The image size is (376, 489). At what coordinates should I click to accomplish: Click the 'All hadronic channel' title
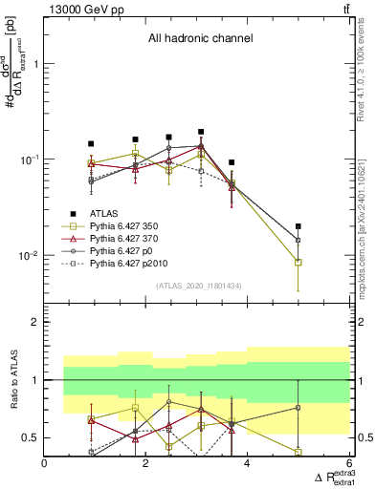tap(199, 39)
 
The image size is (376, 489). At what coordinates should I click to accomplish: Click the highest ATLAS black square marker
tap(201, 132)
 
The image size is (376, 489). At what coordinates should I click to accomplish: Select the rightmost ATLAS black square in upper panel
tap(299, 226)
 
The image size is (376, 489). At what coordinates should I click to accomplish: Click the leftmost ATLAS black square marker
tap(91, 143)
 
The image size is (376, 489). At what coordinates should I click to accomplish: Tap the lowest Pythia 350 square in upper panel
tap(299, 262)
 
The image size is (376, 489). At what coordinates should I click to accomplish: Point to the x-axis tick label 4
tap(248, 464)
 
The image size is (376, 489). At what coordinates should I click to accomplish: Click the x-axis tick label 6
tap(348, 464)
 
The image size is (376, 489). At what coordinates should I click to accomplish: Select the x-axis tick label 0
tap(45, 464)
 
